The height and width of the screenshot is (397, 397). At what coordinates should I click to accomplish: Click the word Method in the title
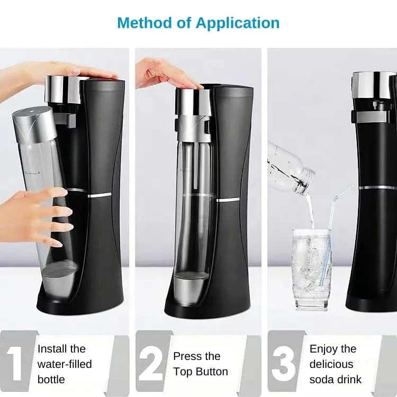click(x=145, y=23)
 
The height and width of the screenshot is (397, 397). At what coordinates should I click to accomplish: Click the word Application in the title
click(x=238, y=23)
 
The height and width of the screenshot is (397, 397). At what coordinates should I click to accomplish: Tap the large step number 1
click(x=16, y=363)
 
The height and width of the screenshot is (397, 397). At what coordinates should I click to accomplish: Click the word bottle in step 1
click(x=51, y=380)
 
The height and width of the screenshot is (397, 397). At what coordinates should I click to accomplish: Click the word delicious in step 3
click(x=331, y=364)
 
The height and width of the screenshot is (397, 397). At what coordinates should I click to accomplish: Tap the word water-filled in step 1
click(x=65, y=364)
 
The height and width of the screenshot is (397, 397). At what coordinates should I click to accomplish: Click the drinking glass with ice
click(x=312, y=269)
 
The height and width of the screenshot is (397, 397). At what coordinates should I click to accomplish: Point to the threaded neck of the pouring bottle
click(x=306, y=181)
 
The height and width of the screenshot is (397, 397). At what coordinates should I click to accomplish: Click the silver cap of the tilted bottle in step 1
click(x=34, y=124)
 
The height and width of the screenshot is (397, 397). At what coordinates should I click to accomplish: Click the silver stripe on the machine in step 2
click(x=228, y=200)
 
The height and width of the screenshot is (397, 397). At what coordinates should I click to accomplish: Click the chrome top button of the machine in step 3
click(x=374, y=85)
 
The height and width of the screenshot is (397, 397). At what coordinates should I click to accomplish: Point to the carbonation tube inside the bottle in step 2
click(x=196, y=165)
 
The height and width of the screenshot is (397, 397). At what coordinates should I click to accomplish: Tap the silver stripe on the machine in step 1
click(x=100, y=195)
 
